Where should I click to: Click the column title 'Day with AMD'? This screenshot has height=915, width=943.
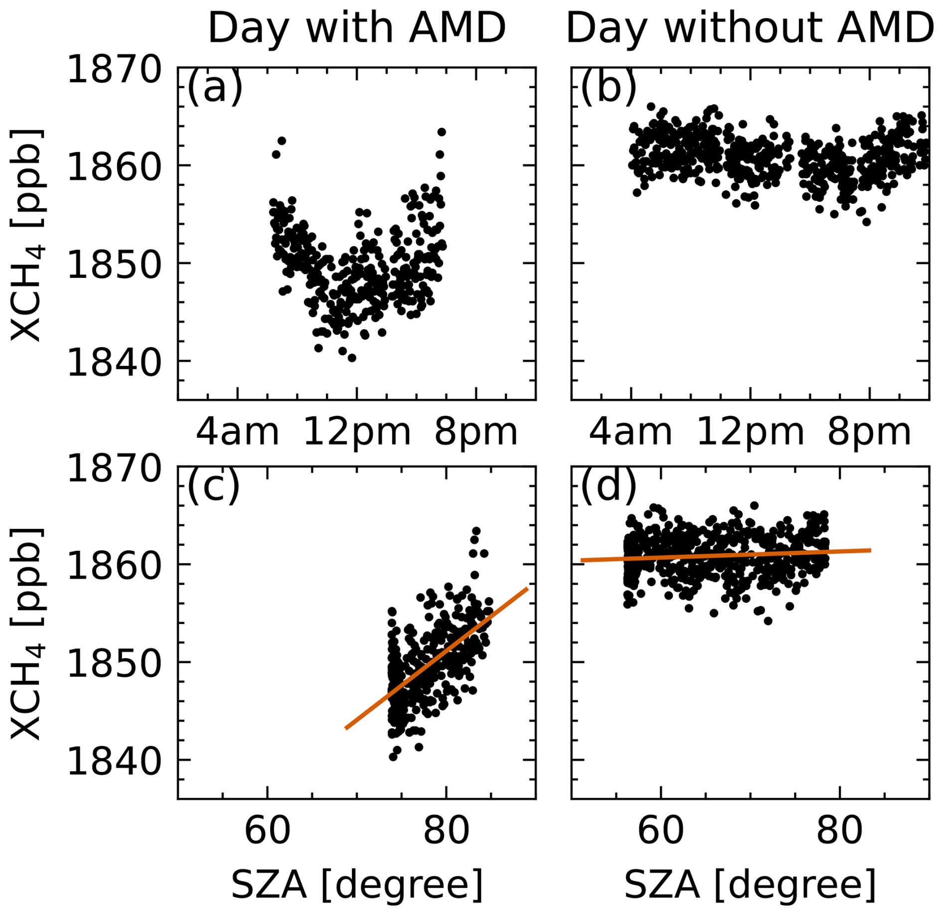[x=356, y=28]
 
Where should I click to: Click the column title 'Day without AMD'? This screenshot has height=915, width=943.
[x=750, y=28]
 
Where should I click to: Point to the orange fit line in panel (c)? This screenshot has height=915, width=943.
[x=437, y=658]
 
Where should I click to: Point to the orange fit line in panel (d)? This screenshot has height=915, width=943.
[x=726, y=555]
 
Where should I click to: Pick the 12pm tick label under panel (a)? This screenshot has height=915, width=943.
[x=357, y=432]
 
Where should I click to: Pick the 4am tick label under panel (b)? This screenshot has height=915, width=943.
[x=630, y=432]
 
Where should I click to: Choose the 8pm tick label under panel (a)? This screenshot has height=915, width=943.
[x=476, y=432]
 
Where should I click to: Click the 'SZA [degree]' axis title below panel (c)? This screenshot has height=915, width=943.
[x=357, y=885]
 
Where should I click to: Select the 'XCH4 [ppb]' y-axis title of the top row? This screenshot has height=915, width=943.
[x=26, y=234]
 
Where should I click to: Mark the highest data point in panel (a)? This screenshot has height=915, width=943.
[x=441, y=132]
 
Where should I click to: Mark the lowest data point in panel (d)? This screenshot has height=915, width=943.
[x=768, y=621]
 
